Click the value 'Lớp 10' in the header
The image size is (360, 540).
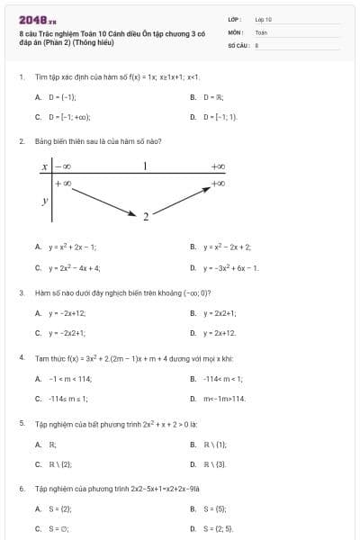click(x=263, y=18)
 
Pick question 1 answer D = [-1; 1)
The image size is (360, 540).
click(x=219, y=117)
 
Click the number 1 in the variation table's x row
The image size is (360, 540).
click(x=144, y=166)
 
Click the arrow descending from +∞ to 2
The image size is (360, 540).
click(x=103, y=202)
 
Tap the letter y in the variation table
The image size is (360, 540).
click(x=45, y=202)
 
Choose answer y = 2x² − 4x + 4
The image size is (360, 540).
click(x=73, y=267)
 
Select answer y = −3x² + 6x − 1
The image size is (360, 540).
click(x=230, y=267)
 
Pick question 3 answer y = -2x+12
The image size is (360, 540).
click(x=68, y=312)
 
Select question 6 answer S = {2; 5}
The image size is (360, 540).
click(x=218, y=530)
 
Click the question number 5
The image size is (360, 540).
click(x=21, y=422)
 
